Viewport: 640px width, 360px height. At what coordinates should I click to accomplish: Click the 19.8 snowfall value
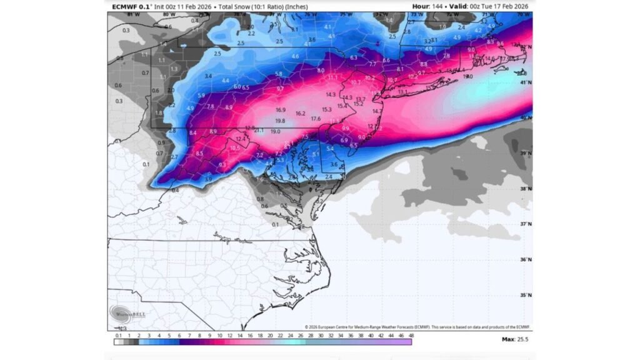(x=280, y=121)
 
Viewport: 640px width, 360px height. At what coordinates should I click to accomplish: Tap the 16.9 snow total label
(x=281, y=110)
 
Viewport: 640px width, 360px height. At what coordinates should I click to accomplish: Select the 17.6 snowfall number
(x=316, y=119)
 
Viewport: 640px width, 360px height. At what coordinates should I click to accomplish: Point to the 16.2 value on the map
(x=300, y=114)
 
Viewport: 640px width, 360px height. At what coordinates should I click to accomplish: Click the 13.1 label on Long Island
(x=402, y=92)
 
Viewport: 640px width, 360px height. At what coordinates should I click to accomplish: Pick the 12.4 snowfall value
(x=240, y=139)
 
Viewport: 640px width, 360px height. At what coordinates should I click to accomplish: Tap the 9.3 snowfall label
(x=222, y=164)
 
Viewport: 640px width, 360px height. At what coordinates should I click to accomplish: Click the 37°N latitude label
(x=527, y=224)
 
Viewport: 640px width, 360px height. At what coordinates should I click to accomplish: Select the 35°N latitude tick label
(x=527, y=295)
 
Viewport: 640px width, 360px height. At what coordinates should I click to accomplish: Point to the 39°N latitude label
(x=527, y=153)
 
